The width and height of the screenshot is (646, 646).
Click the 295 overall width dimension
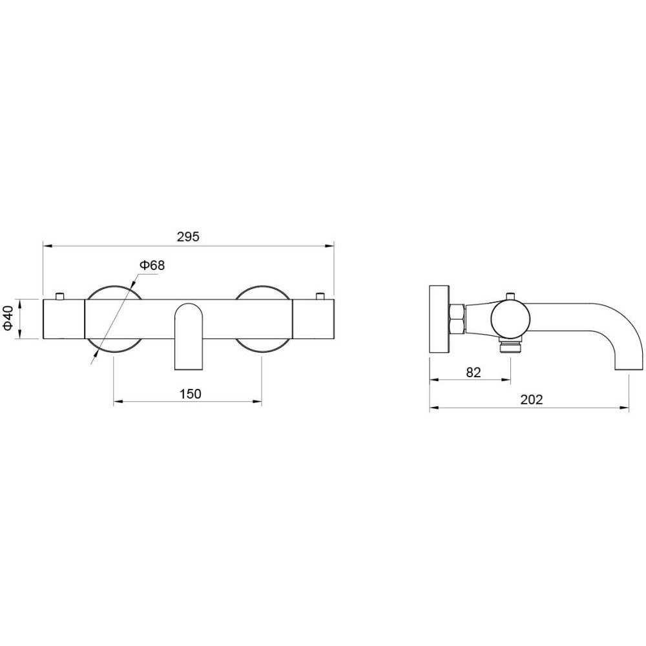point(188,237)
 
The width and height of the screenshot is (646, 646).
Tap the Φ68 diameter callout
point(152,266)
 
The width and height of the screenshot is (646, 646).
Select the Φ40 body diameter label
point(8,318)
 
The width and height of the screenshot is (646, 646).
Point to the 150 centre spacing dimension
point(190,394)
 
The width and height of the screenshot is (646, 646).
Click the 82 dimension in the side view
point(474,373)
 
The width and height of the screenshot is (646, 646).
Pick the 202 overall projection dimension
point(532,400)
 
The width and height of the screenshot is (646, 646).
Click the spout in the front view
point(189,336)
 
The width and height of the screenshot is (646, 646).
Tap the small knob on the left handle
point(60,297)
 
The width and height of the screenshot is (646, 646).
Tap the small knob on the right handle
point(320,297)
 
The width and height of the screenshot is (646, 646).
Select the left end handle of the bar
point(64,319)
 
